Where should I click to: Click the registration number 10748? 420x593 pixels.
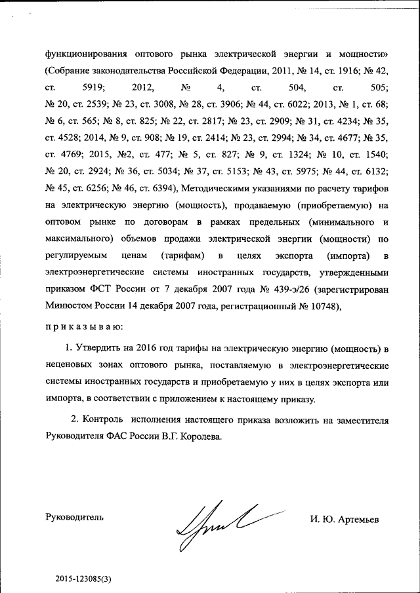324,305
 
